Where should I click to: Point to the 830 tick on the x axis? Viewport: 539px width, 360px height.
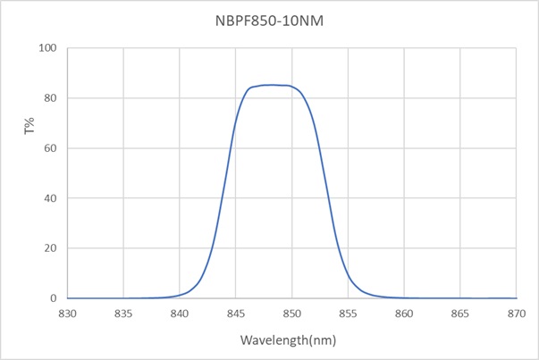(x=67, y=314)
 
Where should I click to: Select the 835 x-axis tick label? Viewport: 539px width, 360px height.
(x=123, y=314)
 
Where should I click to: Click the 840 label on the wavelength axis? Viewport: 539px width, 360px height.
(x=180, y=314)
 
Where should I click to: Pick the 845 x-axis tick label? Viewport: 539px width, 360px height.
(x=236, y=314)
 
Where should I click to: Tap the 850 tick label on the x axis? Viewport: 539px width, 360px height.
(x=291, y=314)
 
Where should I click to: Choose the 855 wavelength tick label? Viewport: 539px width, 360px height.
(x=348, y=314)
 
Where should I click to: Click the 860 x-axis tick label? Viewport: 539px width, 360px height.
(x=404, y=314)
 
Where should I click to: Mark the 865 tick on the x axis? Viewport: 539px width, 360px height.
(x=460, y=314)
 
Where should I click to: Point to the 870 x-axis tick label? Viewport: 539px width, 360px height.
(x=516, y=314)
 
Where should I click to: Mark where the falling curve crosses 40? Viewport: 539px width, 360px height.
(x=330, y=198)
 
